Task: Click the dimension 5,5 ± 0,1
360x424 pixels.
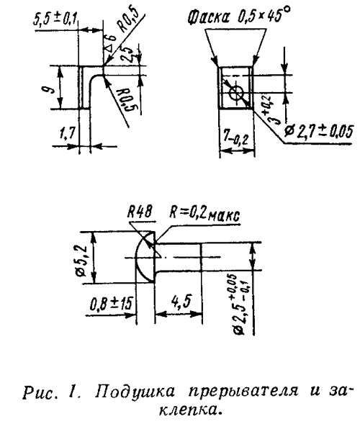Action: tap(55, 19)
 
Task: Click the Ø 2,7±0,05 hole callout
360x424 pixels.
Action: tap(319, 132)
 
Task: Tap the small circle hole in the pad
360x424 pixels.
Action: tap(236, 94)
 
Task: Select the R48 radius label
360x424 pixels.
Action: tap(140, 212)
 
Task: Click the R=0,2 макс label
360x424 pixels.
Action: tap(204, 213)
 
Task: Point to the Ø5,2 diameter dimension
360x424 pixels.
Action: tap(81, 261)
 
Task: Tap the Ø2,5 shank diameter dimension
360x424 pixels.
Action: tap(239, 305)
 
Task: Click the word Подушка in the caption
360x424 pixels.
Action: tap(135, 392)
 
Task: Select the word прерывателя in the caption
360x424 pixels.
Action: tap(243, 392)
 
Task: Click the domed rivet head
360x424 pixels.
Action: tap(145, 258)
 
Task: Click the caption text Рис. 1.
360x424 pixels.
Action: tap(52, 392)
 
